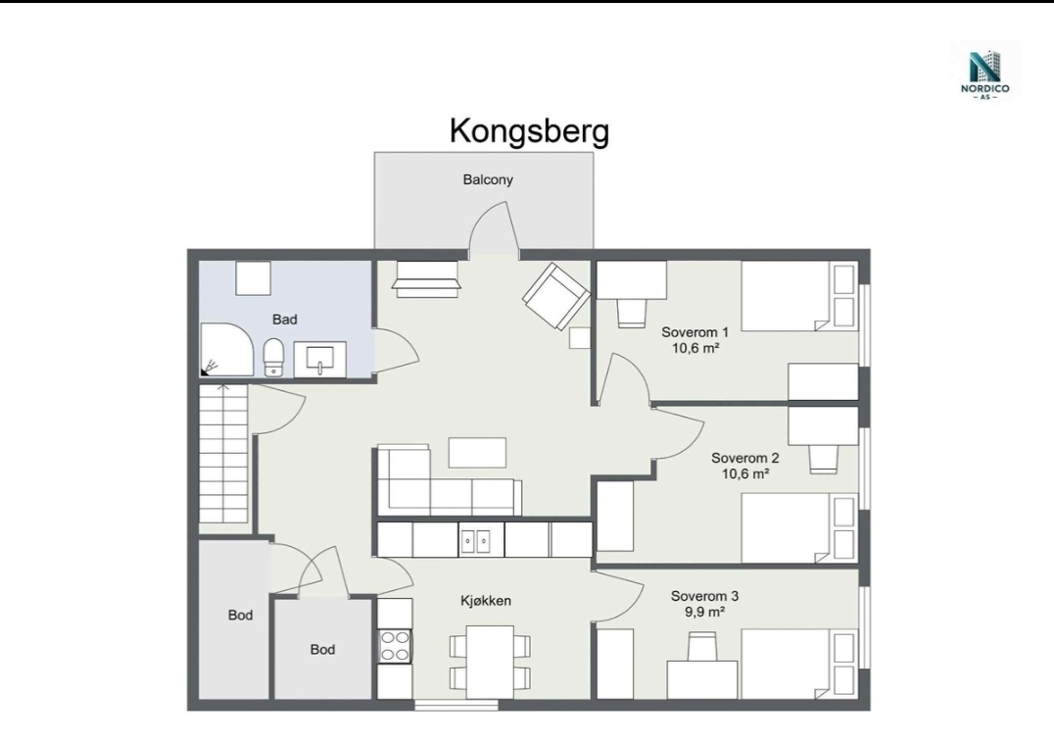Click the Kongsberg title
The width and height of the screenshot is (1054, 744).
click(x=529, y=131)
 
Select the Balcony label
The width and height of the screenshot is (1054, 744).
click(x=488, y=179)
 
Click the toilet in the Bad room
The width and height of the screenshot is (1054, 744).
click(x=273, y=358)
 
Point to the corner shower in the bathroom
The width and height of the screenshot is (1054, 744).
click(x=226, y=350)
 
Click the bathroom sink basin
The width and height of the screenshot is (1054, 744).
click(x=320, y=359)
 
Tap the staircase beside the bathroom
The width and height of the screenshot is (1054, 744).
click(x=224, y=454)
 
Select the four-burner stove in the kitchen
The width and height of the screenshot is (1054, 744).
click(x=395, y=646)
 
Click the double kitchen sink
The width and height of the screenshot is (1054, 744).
click(x=475, y=539)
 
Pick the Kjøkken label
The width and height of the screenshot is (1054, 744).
click(x=485, y=601)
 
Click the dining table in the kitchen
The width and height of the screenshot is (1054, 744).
click(x=490, y=662)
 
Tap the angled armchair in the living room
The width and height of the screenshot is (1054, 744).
click(x=556, y=296)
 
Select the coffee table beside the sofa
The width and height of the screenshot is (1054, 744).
click(x=477, y=452)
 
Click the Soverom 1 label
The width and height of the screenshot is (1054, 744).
click(x=695, y=331)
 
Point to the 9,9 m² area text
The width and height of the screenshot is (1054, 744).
click(x=704, y=612)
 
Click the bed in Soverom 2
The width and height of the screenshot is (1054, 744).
click(x=800, y=528)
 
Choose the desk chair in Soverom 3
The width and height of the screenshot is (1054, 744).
click(x=701, y=646)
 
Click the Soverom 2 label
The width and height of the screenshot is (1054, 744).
click(x=744, y=458)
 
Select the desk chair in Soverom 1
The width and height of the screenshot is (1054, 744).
click(x=632, y=313)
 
